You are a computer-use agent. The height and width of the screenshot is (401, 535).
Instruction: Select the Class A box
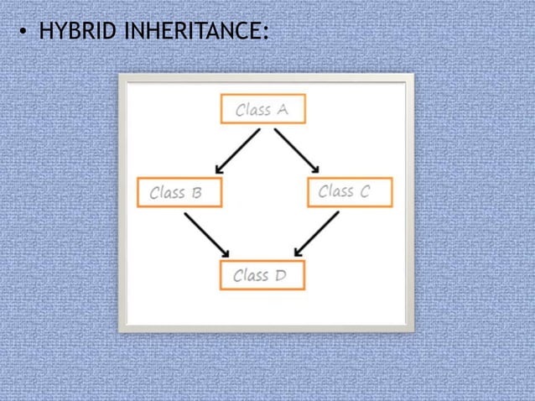point(262,109)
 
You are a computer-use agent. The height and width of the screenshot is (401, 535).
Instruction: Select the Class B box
point(179,192)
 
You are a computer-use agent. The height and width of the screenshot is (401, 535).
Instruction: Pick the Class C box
point(351,191)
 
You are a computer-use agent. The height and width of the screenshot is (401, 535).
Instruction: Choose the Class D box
point(262,275)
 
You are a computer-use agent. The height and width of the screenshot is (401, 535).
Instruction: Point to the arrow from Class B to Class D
point(207,234)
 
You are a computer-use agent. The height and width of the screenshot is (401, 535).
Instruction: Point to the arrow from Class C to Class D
point(317,234)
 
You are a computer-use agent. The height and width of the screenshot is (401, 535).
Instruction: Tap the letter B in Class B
point(197,193)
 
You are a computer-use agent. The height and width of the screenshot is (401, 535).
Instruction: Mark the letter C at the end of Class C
point(363,191)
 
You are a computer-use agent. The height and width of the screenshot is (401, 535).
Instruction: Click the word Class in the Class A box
point(253,110)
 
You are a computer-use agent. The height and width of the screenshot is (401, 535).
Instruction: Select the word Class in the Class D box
point(252,275)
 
